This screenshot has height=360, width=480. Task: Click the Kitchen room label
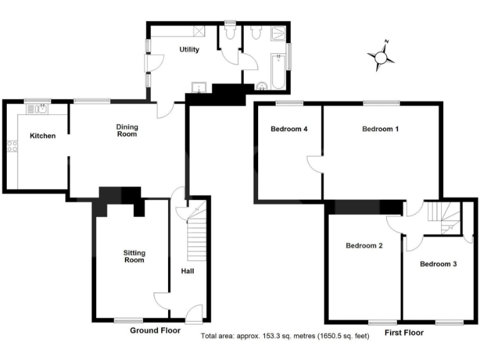pos(42,136)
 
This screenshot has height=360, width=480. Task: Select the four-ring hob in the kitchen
pos(11,147)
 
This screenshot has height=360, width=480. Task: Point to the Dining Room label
pos(127,130)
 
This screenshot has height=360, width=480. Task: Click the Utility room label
pos(189,49)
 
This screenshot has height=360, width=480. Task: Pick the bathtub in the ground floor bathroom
pos(277,70)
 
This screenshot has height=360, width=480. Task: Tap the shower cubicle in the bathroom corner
pos(277,33)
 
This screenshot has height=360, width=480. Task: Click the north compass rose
pos(381,57)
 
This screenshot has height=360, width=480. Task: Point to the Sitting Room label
pos(134,256)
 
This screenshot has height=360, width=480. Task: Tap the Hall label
pos(187,271)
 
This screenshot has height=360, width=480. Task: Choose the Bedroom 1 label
pos(381,129)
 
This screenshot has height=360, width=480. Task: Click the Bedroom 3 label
pos(437,264)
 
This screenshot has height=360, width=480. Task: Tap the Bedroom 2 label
pos(364,246)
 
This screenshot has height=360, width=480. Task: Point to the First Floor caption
pos(404,332)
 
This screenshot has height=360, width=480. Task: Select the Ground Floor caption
pos(155,330)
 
